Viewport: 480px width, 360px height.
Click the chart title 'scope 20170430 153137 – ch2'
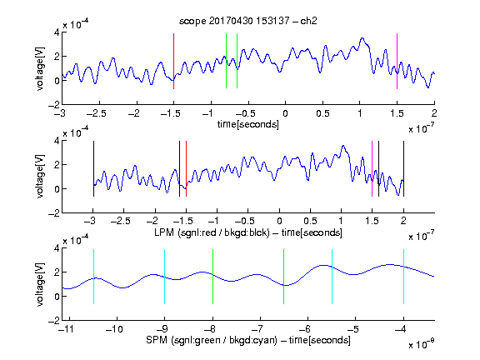coord(248,21)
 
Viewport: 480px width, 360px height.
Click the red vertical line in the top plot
coord(173,61)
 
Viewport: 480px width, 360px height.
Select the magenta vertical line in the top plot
coord(397,61)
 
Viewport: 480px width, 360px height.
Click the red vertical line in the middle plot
coord(186,168)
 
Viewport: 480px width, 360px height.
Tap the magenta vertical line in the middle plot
coord(372,168)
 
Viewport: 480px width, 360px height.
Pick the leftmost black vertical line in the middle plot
coord(93,168)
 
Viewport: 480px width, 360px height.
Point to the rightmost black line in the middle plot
coord(404,168)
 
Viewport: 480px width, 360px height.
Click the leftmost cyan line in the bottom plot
coord(93,277)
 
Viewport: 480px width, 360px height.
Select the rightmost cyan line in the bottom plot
coord(404,277)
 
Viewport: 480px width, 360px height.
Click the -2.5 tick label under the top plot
coord(96,113)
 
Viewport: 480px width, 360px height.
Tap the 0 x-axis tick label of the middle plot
coord(279,221)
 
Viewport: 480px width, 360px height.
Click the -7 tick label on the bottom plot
coord(257,329)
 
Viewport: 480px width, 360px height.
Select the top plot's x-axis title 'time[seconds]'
coord(248,124)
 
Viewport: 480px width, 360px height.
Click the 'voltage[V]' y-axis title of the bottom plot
coord(40,284)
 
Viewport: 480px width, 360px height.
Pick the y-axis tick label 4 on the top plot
coord(57,32)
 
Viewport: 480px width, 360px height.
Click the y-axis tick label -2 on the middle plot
coord(54,213)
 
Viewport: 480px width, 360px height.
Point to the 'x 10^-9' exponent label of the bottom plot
coord(422,345)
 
